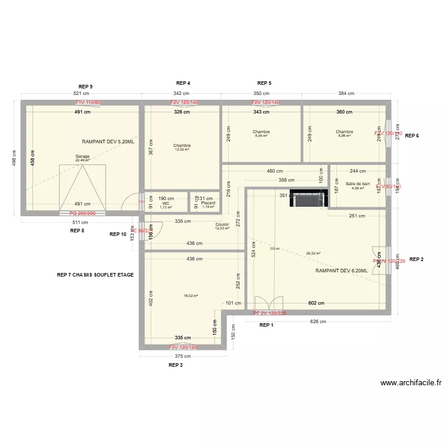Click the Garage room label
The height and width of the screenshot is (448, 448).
[82, 156]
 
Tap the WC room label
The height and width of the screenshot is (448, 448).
[165, 203]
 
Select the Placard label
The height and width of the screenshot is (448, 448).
[208, 203]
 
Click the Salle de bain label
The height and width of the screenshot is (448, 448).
[358, 184]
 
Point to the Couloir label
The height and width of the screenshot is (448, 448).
[222, 224]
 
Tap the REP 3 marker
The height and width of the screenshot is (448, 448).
[175, 364]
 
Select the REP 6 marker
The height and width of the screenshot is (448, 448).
[412, 136]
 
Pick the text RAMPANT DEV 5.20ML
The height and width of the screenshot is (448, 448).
[108, 142]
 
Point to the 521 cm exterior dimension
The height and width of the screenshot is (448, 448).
[81, 94]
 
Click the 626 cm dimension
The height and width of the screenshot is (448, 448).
[318, 321]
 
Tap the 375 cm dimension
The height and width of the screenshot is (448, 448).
[183, 357]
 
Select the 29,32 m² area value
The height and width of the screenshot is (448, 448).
[313, 253]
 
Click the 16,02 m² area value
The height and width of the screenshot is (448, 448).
[191, 295]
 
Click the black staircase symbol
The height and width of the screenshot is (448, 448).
[309, 198]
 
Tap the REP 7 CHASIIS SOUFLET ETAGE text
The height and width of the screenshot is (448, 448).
[95, 275]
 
